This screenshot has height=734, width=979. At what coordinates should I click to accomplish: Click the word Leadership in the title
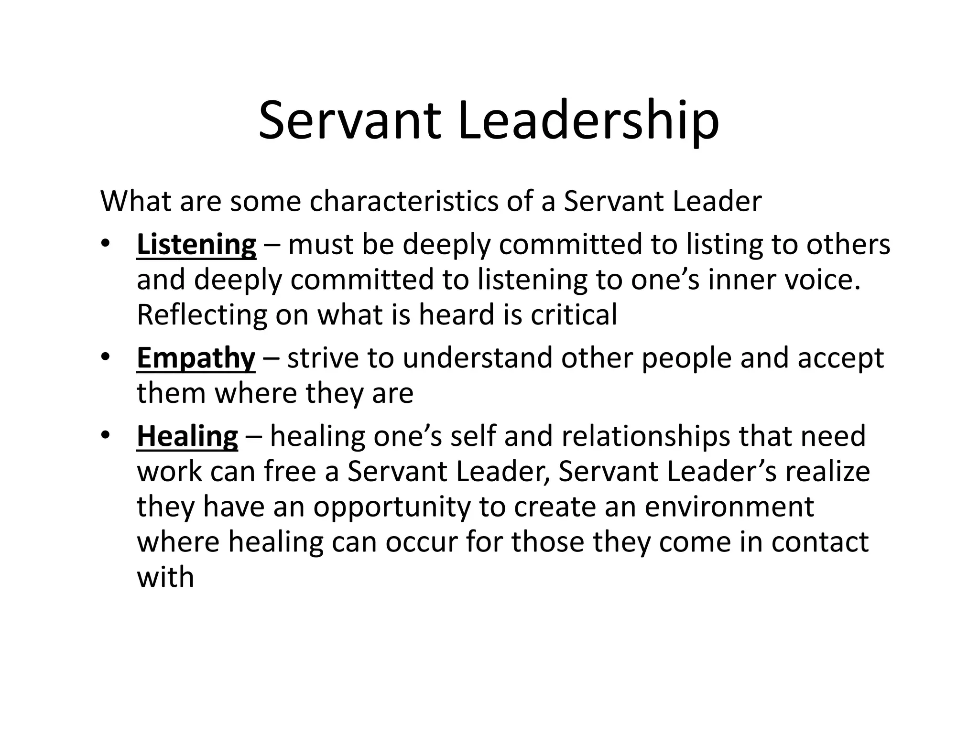[588, 120]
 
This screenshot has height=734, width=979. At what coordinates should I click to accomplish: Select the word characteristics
[404, 201]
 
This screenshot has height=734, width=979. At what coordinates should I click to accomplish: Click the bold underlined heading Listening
[196, 245]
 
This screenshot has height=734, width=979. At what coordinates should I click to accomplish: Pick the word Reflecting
[202, 315]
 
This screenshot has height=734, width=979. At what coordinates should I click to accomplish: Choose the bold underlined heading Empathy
[196, 358]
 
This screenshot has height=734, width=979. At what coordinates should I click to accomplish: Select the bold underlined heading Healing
[187, 437]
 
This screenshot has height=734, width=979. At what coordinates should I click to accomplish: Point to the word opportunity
[392, 507]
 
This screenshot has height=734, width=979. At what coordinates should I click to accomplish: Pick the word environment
[729, 507]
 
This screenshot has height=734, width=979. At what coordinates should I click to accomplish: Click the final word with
[165, 577]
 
